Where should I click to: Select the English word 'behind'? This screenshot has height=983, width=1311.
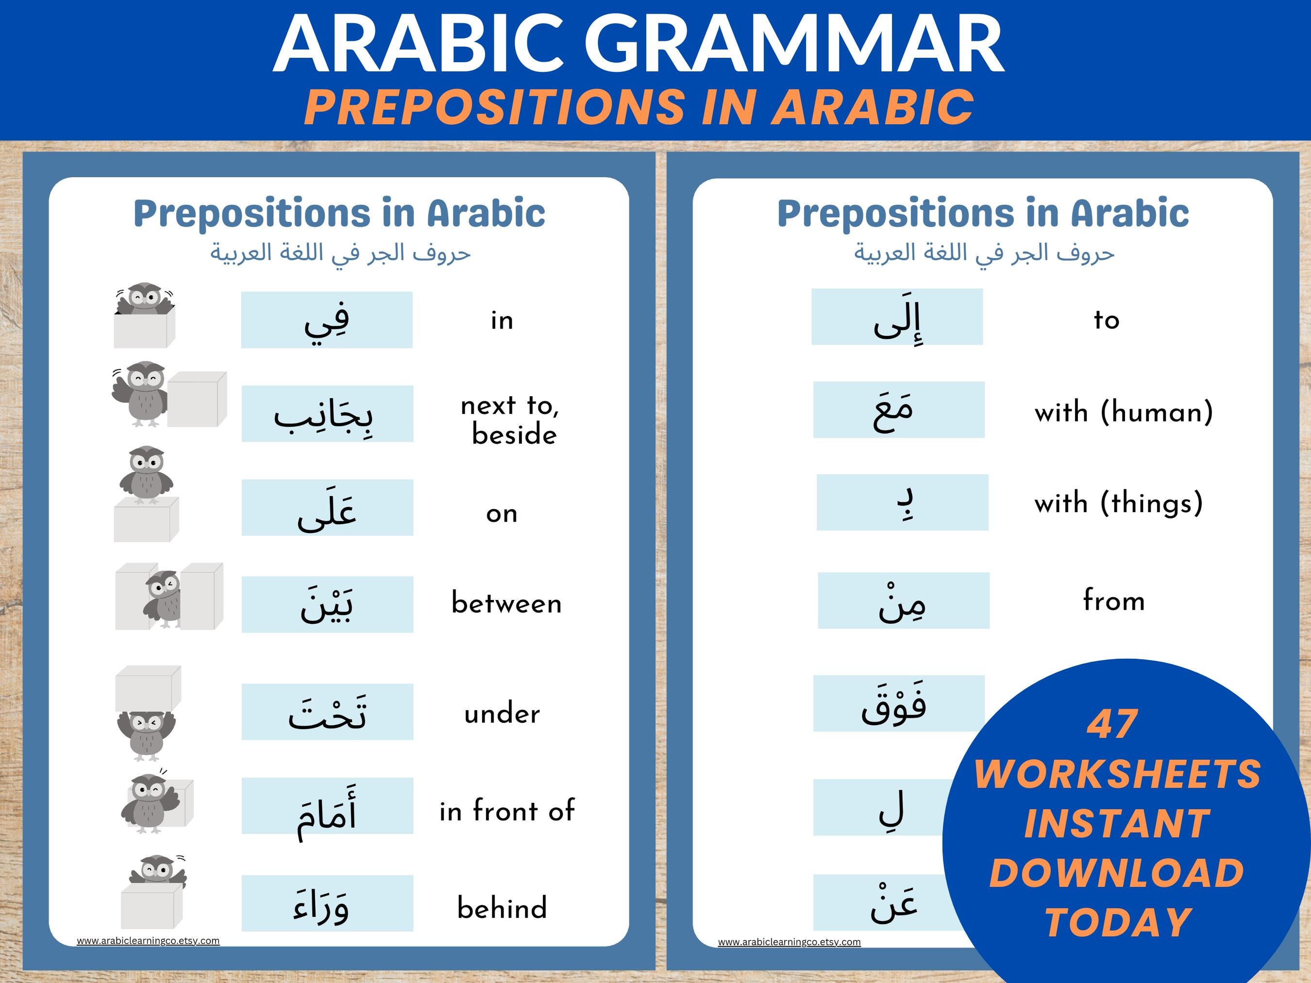pos(502,908)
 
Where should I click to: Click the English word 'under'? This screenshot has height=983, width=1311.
pos(502,714)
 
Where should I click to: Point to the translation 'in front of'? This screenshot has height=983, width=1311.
pos(507,811)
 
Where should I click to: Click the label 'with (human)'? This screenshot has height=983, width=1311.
pos(1124,412)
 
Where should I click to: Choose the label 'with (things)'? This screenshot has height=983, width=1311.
pos(1118,503)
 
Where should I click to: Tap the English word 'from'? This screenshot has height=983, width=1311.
pos(1114,600)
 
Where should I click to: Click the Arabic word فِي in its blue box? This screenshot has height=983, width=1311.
pos(327,320)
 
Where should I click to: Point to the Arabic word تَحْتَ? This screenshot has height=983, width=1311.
pos(327,712)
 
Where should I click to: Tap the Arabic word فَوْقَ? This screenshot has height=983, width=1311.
pos(894,704)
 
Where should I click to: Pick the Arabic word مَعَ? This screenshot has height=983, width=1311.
pos(893,410)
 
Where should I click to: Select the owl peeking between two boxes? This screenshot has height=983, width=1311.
pos(164,599)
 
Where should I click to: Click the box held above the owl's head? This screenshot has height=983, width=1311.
pos(148,687)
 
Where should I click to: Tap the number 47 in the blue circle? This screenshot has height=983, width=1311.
pos(1112,725)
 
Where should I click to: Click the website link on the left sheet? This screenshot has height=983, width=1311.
pos(148,940)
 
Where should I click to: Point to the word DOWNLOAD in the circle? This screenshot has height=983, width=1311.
pos(1117,873)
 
